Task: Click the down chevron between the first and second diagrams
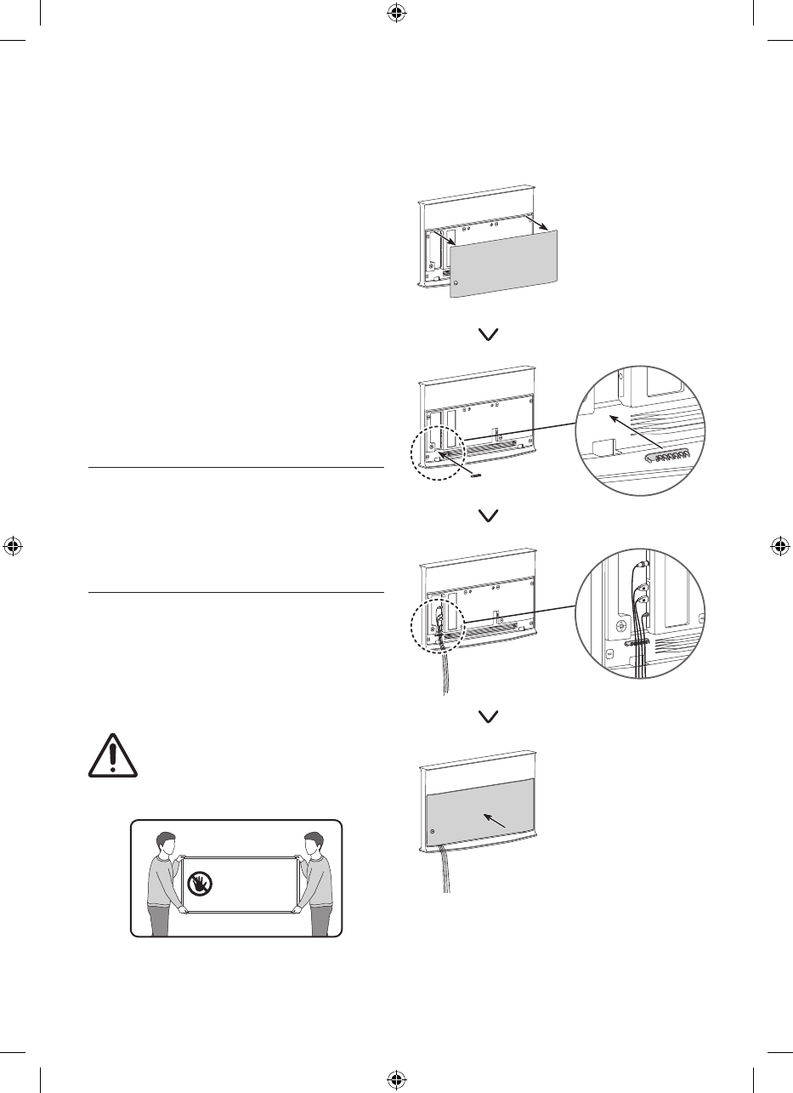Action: point(489,336)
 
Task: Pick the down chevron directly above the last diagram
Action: point(489,716)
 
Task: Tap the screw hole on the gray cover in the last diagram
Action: point(433,831)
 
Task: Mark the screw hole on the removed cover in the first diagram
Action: point(457,282)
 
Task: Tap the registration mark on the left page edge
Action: point(13,546)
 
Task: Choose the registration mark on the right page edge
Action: point(779,546)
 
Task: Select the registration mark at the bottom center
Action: point(395,1079)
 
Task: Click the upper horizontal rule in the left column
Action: point(236,467)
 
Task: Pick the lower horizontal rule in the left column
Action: point(236,593)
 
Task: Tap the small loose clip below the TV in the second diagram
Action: point(475,475)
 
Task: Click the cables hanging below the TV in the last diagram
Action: point(445,872)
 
